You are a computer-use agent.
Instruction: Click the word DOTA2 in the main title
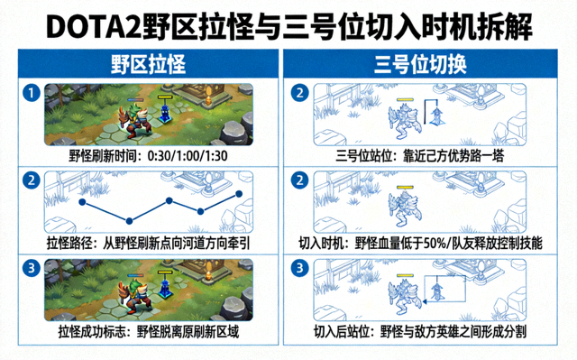(94, 27)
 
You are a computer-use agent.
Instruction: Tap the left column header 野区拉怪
(148, 64)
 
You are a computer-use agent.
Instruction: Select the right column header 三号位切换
(420, 64)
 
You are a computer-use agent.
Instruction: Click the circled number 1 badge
(32, 93)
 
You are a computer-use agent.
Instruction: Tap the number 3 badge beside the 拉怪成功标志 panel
(32, 268)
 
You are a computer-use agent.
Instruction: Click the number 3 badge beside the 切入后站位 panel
(300, 268)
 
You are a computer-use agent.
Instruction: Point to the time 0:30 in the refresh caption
(159, 156)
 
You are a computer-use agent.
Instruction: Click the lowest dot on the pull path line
(129, 221)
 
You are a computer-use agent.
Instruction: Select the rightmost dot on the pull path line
(239, 194)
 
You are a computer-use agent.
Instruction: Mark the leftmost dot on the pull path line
(82, 202)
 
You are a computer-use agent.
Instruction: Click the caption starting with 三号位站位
(419, 156)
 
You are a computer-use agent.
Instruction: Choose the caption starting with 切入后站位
(420, 331)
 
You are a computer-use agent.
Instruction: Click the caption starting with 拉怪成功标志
(149, 331)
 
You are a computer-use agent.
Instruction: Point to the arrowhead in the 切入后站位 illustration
(425, 302)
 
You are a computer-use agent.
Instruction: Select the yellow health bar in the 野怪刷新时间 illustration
(165, 97)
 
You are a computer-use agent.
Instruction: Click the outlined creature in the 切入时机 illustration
(405, 208)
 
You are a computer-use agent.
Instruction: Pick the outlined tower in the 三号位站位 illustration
(437, 115)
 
